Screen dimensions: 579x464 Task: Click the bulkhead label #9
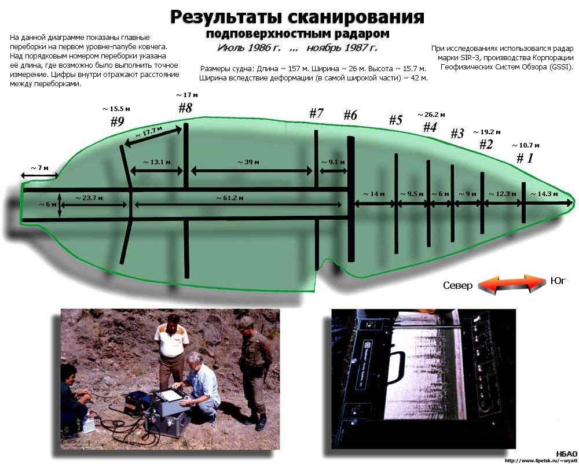pyautogui.click(x=118, y=121)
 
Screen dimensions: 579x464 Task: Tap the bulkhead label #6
pyautogui.click(x=350, y=115)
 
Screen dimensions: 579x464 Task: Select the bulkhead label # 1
pyautogui.click(x=525, y=158)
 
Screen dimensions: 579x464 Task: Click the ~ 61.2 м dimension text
pyautogui.click(x=230, y=198)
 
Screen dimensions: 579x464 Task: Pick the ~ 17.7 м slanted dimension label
pyautogui.click(x=149, y=132)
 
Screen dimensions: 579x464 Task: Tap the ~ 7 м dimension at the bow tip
pyautogui.click(x=39, y=168)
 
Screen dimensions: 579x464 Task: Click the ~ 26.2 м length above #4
pyautogui.click(x=431, y=115)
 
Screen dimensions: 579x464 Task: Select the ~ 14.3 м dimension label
pyautogui.click(x=544, y=194)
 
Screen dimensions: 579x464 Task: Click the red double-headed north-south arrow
pyautogui.click(x=512, y=283)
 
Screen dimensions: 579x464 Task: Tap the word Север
pyautogui.click(x=458, y=285)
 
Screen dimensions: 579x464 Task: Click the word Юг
pyautogui.click(x=558, y=281)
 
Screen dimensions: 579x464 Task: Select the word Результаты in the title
pyautogui.click(x=225, y=17)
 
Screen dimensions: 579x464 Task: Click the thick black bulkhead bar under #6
pyautogui.click(x=351, y=199)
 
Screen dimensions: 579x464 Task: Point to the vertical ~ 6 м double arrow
pyautogui.click(x=60, y=204)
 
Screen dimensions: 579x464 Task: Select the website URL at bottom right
pyautogui.click(x=540, y=461)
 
